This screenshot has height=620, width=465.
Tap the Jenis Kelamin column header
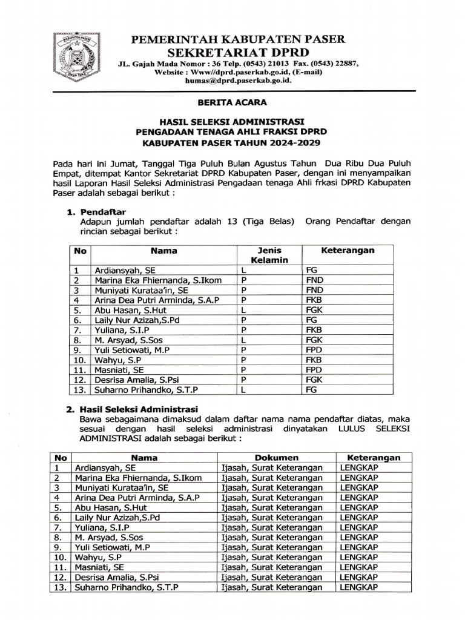[269, 255]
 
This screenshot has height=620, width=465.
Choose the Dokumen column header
[276, 458]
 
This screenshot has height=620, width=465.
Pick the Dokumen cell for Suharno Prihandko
[271, 587]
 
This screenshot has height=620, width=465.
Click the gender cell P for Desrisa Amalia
[243, 379]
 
